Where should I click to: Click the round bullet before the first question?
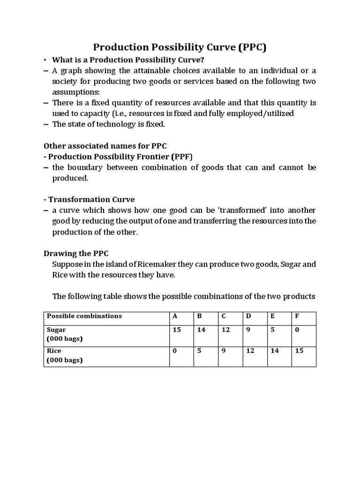click(45, 60)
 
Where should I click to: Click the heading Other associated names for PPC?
click(105, 146)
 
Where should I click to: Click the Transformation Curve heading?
click(91, 199)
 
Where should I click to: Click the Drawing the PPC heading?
click(76, 253)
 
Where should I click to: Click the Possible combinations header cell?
click(84, 316)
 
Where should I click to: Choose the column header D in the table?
click(248, 316)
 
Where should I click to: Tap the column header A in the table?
click(175, 316)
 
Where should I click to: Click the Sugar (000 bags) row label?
click(65, 334)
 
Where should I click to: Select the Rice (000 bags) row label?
click(65, 355)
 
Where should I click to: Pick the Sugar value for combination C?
click(225, 330)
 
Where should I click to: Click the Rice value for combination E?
click(274, 351)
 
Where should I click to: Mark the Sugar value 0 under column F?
click(297, 330)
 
